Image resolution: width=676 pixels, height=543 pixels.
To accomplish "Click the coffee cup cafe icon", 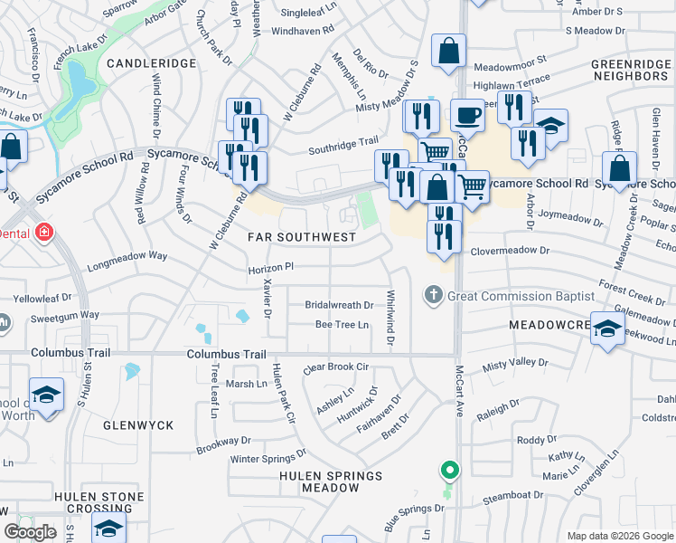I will point(466,116).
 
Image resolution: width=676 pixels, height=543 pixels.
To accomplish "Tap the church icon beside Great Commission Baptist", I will point(433,296).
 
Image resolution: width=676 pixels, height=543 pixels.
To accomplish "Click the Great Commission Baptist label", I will point(521,296).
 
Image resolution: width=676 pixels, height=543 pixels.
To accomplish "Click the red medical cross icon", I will point(42,233).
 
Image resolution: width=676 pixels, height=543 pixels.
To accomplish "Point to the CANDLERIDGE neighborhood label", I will point(152,63).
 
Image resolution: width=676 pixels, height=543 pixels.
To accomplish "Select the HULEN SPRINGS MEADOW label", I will point(320,480).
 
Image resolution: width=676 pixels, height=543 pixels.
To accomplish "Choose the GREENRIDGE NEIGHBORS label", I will point(629,71).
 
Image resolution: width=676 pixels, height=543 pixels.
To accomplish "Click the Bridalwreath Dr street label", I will point(339,306).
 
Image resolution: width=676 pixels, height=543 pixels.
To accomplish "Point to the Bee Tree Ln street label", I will point(343,325).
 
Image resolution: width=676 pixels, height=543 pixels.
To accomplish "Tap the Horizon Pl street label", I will point(272,269).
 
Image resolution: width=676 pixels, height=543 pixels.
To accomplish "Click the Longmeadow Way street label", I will point(127,256).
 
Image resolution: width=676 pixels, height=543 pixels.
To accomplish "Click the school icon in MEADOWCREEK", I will point(607,329).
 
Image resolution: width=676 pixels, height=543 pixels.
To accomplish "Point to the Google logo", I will point(31,532).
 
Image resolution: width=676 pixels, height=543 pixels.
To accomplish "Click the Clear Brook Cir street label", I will point(337,368).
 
